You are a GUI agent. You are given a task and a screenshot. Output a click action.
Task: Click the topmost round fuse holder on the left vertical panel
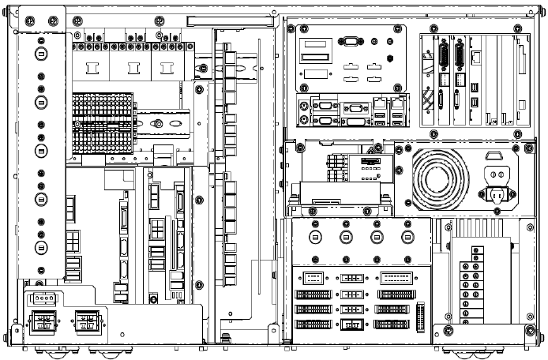click(x=39, y=53)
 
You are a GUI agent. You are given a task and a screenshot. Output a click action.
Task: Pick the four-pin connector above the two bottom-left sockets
click(x=39, y=299)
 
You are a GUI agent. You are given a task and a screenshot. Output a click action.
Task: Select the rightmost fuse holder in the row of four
click(x=407, y=236)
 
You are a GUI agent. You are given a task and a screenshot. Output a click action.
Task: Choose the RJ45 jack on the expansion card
click(x=477, y=57)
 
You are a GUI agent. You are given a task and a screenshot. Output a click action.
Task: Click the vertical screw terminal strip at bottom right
click(x=475, y=284)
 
